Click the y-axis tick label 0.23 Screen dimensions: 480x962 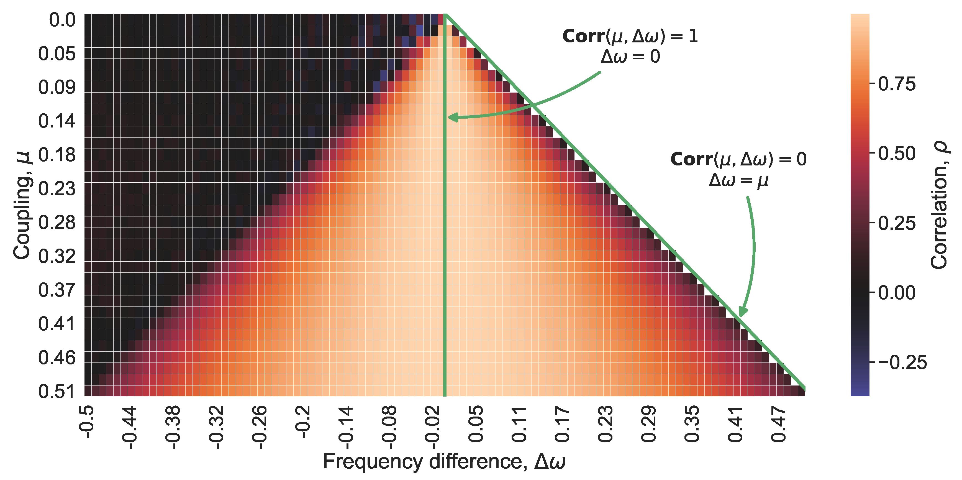tap(57, 189)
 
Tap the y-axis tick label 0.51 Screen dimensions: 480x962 tap(57, 392)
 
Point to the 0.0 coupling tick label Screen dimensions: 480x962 tap(62, 20)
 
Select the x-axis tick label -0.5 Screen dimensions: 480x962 tap(87, 422)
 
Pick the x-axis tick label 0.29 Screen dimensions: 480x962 tap(649, 424)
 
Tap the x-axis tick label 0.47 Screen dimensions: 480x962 tap(779, 424)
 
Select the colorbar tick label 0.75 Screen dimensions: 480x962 tap(897, 84)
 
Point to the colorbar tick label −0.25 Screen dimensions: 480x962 tap(902, 362)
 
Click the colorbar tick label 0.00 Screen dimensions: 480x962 tap(897, 292)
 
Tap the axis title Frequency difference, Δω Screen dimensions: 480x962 tap(444, 462)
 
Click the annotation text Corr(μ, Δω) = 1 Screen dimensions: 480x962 tap(630, 36)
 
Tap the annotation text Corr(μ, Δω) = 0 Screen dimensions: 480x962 tap(738, 160)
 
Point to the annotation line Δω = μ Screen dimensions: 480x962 tap(738, 180)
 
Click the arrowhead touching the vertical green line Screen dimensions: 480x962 tap(453, 118)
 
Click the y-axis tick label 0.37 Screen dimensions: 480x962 tap(57, 290)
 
